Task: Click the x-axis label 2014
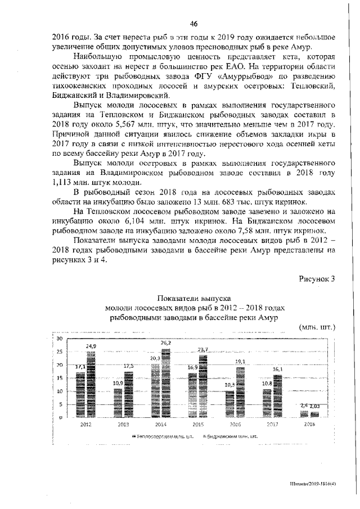(160, 424)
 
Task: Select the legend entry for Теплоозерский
(159, 437)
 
